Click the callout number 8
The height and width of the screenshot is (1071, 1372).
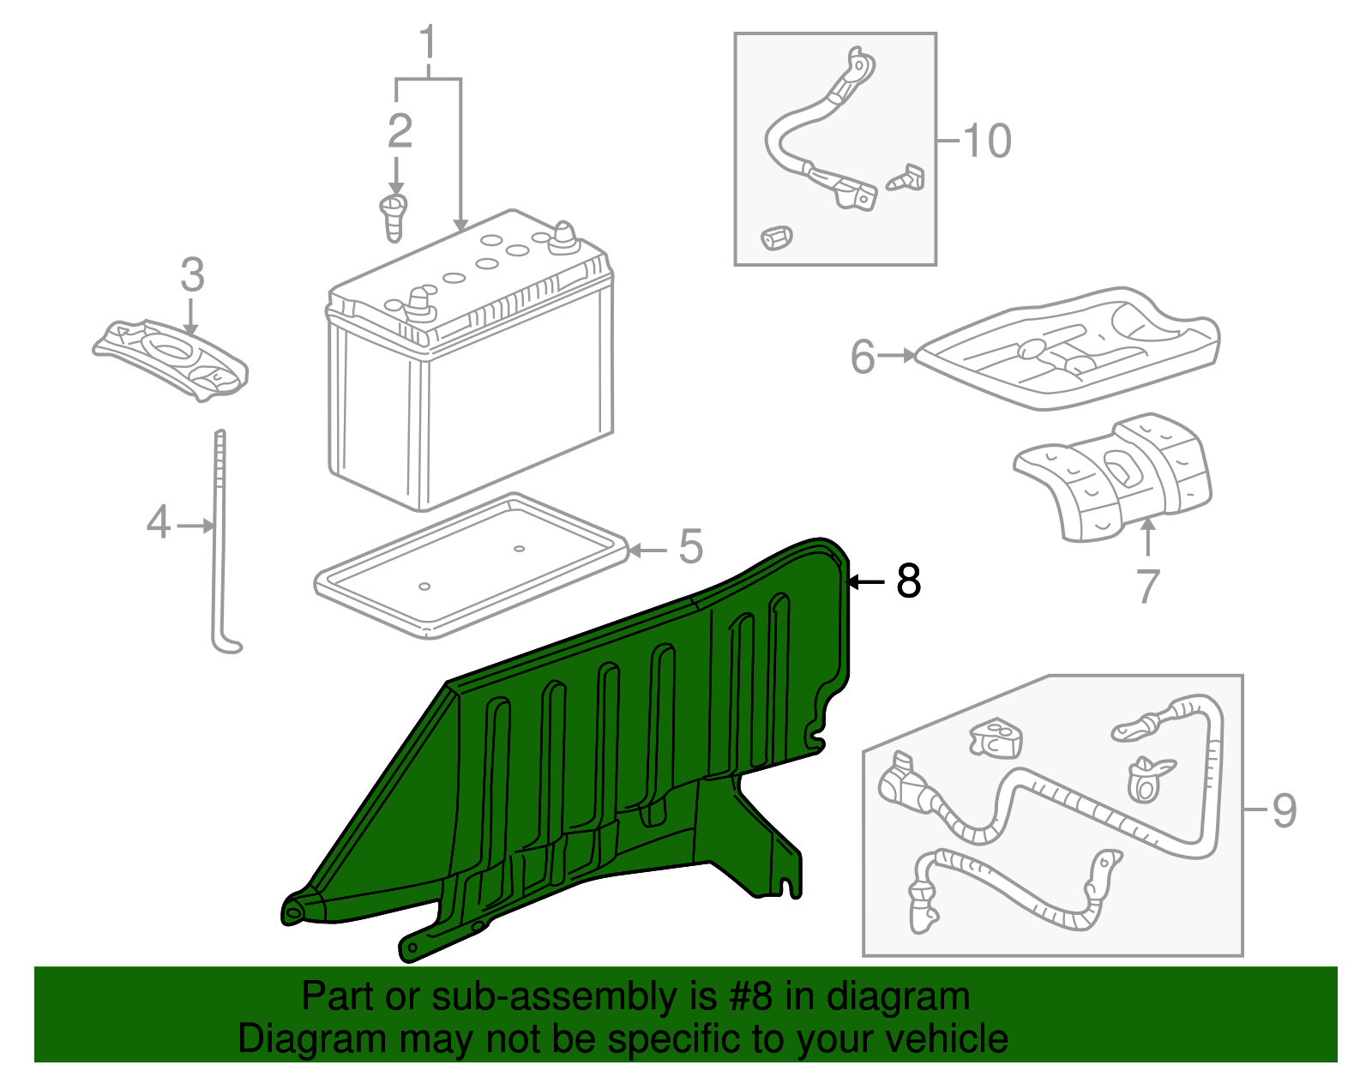pos(908,581)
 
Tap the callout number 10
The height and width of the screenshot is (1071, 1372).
pos(987,141)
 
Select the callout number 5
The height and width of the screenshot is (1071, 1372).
pos(690,547)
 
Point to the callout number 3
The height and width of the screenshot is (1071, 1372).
pos(192,275)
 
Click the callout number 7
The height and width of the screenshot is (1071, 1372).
pos(1147,587)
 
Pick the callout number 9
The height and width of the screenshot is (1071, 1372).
pos(1284,810)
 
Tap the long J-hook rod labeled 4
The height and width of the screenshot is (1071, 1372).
pos(220,540)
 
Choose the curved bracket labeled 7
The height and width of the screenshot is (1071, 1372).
pos(1115,480)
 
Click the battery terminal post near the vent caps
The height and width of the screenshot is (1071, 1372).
pos(564,236)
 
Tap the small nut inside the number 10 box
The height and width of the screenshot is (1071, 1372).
pos(776,237)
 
